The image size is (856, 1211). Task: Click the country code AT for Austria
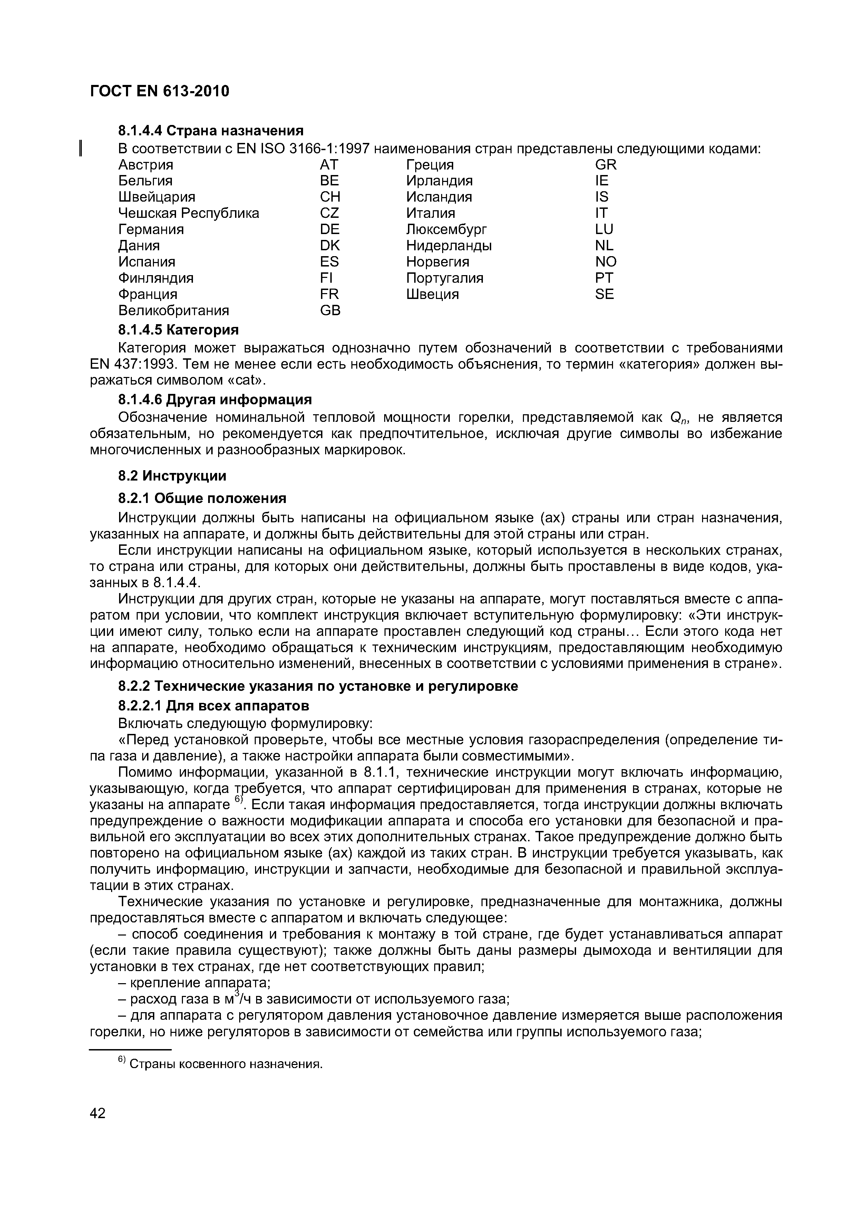(329, 165)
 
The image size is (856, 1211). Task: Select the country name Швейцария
(157, 197)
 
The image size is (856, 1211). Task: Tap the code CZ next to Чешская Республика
(329, 213)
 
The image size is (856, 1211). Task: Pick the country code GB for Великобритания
(330, 311)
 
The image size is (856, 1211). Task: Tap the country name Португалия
(445, 278)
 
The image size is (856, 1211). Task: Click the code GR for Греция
(605, 165)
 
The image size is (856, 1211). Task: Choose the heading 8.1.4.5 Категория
(178, 330)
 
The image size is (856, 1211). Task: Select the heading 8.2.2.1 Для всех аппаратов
(214, 706)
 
